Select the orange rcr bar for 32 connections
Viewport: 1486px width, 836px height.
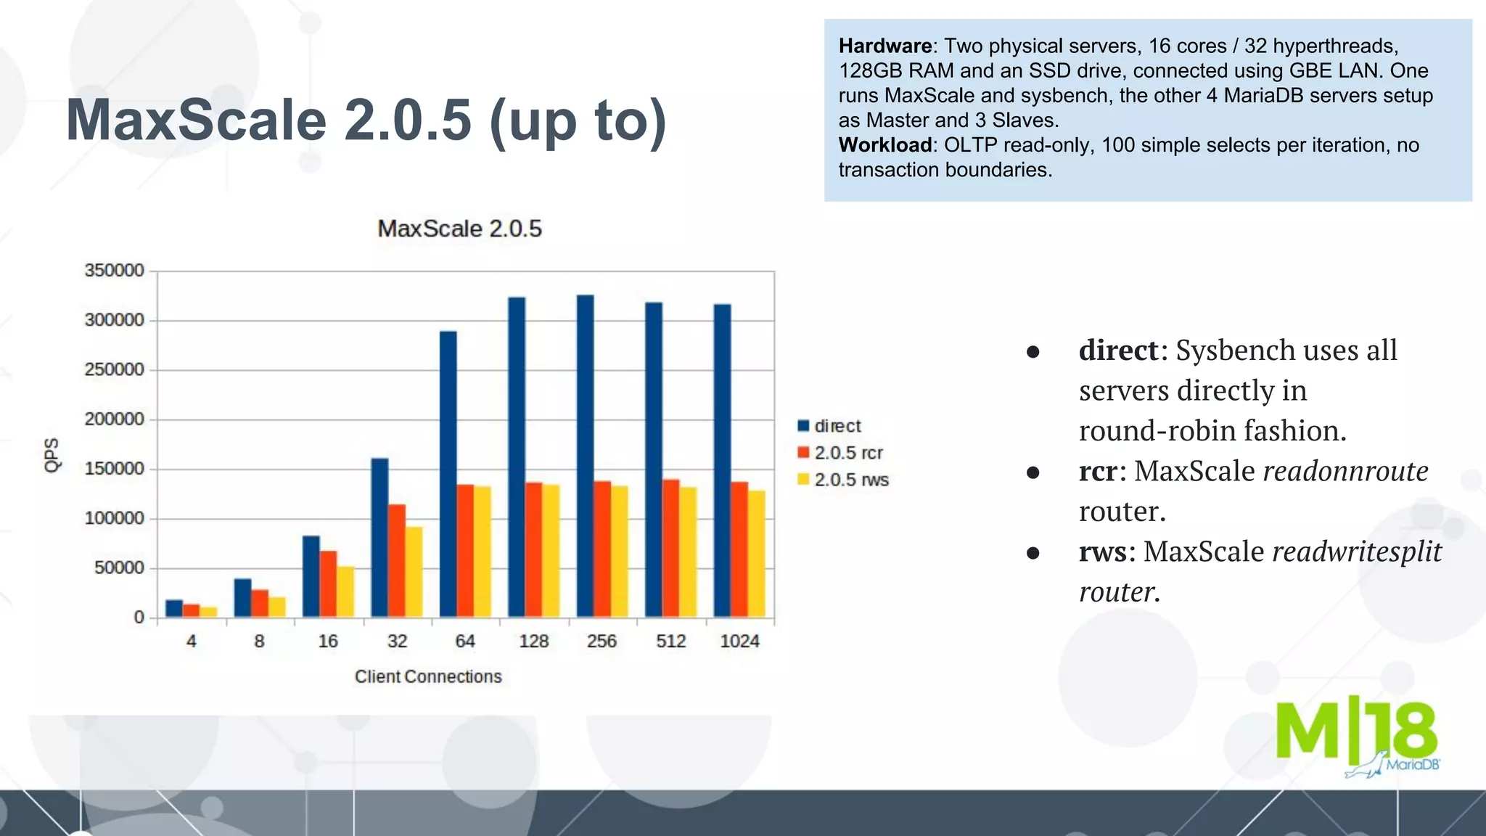397,560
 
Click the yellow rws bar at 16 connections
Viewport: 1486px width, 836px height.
346,591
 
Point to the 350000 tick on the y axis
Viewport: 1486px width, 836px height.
115,271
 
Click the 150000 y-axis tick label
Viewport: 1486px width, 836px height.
115,469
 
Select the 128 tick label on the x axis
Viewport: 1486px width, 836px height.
533,642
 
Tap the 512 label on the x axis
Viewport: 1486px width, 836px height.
670,642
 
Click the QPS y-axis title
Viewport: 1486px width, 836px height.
52,455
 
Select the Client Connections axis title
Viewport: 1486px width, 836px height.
428,676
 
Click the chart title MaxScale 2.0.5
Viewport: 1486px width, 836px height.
459,229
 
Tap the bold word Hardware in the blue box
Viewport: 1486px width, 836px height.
884,46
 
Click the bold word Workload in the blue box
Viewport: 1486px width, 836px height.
884,145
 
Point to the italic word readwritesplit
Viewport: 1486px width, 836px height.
1357,552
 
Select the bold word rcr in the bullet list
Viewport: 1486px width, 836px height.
1101,471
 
